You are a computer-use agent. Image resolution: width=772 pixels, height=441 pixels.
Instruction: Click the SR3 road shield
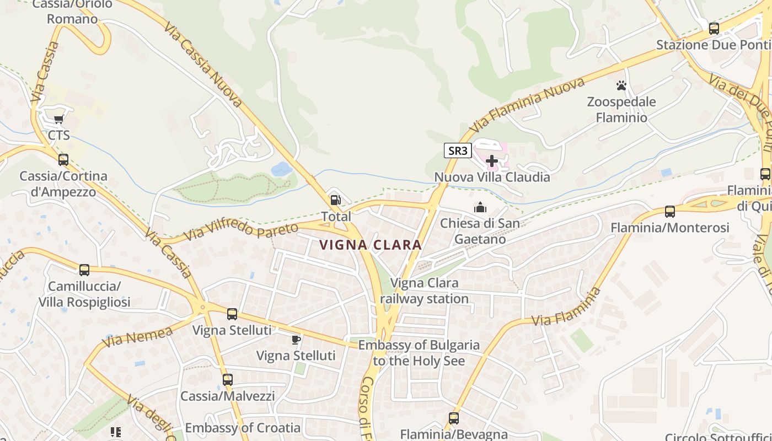click(x=458, y=150)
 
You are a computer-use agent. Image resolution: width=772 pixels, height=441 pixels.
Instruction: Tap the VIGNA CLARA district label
click(x=371, y=245)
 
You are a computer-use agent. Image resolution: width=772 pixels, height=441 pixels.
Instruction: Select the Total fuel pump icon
click(x=335, y=201)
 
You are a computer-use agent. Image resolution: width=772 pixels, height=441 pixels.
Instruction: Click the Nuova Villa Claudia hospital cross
click(x=492, y=161)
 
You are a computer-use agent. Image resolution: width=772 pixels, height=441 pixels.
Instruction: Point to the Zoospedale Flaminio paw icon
click(x=621, y=85)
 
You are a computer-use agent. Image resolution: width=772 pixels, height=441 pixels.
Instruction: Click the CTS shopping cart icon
click(x=58, y=119)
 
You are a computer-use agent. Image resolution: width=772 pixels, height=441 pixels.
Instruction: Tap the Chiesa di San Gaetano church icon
click(x=480, y=207)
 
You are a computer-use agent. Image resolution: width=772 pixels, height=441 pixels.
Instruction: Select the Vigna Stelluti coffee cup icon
click(x=296, y=339)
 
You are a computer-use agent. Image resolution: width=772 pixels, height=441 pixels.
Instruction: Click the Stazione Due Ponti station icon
click(x=714, y=28)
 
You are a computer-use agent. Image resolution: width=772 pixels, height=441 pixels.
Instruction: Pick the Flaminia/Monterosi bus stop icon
click(x=670, y=211)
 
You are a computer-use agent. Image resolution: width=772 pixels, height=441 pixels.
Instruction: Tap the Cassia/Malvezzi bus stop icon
click(x=228, y=380)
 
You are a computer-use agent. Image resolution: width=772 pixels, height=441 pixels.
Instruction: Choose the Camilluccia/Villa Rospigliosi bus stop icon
click(x=84, y=270)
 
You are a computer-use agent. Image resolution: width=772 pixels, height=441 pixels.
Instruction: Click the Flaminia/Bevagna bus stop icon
click(x=454, y=418)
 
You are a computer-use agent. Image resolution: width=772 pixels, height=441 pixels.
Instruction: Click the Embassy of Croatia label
click(x=243, y=428)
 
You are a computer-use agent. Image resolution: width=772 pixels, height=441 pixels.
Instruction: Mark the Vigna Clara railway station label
click(x=425, y=291)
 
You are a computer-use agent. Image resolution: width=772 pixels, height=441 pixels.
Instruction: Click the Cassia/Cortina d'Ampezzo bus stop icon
click(x=63, y=160)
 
